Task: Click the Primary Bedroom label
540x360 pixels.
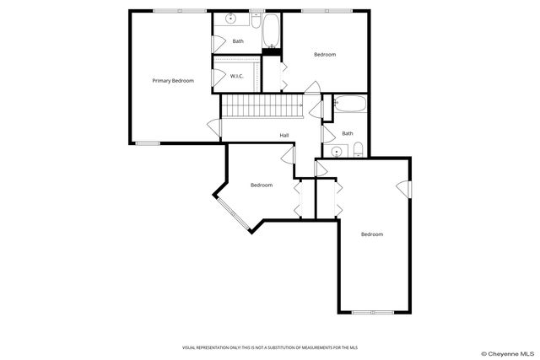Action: (x=173, y=81)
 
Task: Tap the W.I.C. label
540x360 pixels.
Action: (x=237, y=76)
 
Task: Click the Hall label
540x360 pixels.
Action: (x=284, y=135)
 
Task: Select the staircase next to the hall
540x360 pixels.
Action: (x=262, y=106)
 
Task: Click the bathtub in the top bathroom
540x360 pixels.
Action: (x=271, y=32)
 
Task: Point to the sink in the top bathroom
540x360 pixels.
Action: (x=230, y=19)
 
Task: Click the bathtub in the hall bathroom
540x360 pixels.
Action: (x=350, y=105)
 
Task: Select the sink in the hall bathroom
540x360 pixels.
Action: (x=337, y=152)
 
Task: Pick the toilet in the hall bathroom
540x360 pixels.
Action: (x=358, y=151)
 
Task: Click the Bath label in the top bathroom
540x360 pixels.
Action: (x=238, y=41)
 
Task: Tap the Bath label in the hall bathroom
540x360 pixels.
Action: (x=348, y=133)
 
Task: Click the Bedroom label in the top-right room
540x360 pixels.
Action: (x=325, y=55)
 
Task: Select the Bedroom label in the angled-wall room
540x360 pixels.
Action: (x=262, y=185)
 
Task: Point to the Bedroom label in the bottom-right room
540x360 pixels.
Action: (x=372, y=234)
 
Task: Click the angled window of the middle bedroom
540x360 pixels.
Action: (x=229, y=214)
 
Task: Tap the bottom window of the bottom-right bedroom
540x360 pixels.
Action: (x=374, y=312)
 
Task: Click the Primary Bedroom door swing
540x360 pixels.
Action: (x=214, y=127)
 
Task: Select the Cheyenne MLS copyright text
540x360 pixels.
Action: (x=507, y=353)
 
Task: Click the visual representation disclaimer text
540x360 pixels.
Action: (x=269, y=347)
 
